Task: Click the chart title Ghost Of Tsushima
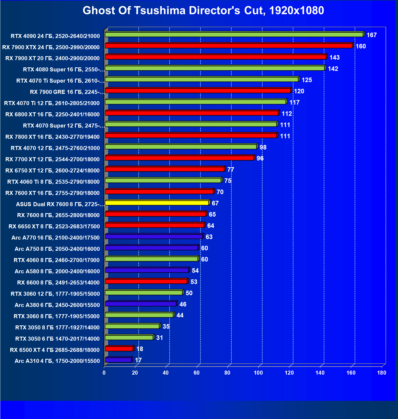tap(203, 11)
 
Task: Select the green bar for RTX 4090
tap(234, 34)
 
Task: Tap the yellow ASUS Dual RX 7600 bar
tap(157, 203)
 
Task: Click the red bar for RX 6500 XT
tap(119, 349)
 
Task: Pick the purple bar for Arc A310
tap(118, 360)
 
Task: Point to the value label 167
tap(372, 35)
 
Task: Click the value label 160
tap(361, 46)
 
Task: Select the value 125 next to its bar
tap(307, 80)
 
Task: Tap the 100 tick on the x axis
tap(258, 373)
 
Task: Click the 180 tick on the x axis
tap(382, 373)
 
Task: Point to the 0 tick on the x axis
tap(104, 373)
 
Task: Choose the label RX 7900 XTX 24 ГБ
tap(51, 47)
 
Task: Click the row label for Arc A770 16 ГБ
tap(56, 238)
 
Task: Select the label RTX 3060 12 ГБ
tap(55, 294)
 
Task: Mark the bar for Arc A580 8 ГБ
tap(147, 270)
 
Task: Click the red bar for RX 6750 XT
tap(165, 169)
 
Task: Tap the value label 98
tap(263, 147)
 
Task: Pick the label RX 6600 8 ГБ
tap(58, 283)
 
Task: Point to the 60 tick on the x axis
tap(197, 373)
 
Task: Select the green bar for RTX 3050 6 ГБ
tap(129, 337)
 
